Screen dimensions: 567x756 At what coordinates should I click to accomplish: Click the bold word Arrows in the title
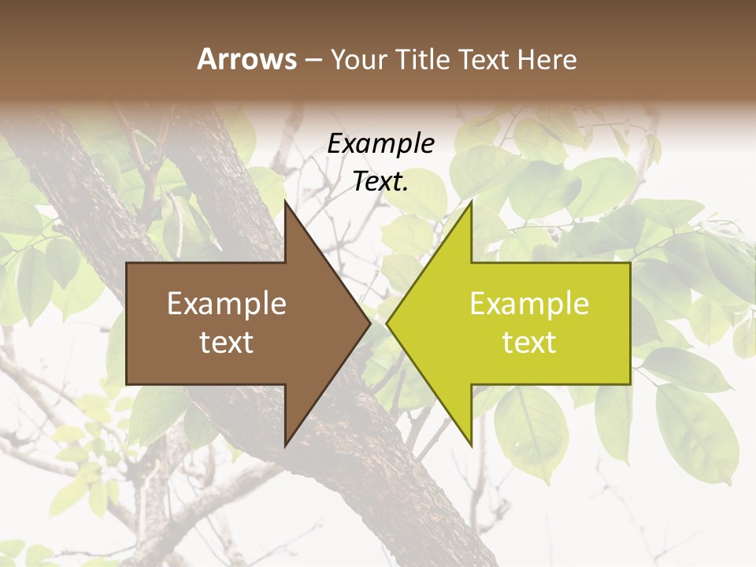246,59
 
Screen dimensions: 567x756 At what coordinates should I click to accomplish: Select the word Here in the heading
547,59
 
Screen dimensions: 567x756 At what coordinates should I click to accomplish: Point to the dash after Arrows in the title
313,60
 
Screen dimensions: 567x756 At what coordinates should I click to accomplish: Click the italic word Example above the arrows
381,143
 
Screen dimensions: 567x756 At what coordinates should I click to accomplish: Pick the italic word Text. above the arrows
381,182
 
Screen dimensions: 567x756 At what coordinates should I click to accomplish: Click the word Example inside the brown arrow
227,304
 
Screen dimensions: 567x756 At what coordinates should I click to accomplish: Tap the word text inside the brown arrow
227,343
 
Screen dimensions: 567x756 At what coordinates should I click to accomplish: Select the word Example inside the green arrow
529,304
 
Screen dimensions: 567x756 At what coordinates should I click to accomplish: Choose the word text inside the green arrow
529,343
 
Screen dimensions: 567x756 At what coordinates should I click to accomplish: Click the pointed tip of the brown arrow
370,323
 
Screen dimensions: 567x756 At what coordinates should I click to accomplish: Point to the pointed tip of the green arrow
387,323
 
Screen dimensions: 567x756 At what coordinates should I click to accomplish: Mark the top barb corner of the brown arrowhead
285,201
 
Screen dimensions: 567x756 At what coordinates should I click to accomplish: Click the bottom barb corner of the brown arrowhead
285,446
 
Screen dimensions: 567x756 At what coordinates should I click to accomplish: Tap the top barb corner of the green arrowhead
471,201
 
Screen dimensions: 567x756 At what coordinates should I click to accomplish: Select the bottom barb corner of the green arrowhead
471,446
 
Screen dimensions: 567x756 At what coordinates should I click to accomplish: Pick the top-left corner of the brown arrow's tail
127,262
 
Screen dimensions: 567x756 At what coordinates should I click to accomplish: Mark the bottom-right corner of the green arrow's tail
630,384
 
